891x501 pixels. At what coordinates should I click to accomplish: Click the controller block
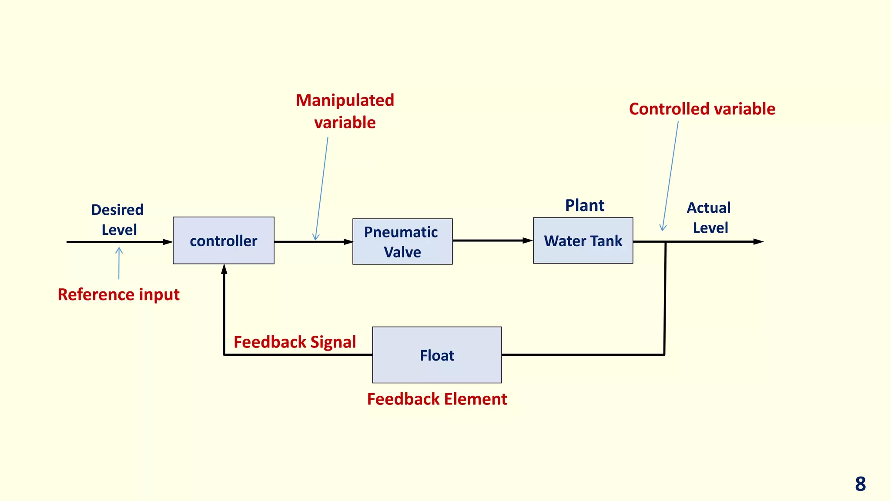(224, 240)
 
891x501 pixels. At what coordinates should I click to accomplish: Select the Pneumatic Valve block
(402, 242)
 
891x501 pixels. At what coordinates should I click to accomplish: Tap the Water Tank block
(583, 240)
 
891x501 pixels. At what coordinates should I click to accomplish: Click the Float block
(437, 355)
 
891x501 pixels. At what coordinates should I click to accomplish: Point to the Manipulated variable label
(345, 111)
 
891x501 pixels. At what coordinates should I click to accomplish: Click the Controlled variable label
(702, 109)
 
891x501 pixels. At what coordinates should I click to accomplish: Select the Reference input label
(118, 294)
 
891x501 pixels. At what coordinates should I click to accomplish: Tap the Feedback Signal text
(295, 342)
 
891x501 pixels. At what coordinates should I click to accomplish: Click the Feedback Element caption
(437, 399)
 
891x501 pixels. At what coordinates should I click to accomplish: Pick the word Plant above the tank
(584, 205)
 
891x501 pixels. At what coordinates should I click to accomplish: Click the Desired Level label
(118, 220)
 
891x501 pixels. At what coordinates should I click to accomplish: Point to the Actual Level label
(709, 217)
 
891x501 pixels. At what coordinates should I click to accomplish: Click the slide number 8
(860, 484)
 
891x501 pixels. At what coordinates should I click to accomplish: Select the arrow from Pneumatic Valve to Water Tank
(492, 240)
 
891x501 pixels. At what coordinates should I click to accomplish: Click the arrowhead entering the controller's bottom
(224, 269)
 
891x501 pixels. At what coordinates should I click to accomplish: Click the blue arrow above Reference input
(119, 263)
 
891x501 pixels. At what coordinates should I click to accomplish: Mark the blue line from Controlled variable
(670, 174)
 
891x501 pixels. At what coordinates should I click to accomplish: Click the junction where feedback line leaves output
(665, 242)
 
